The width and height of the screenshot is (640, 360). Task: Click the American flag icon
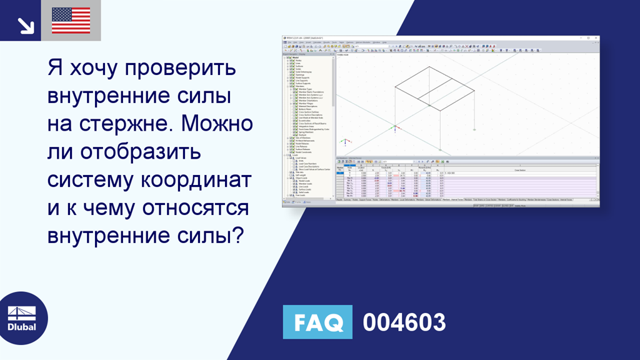[71, 20]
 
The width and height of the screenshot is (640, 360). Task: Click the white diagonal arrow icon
[24, 24]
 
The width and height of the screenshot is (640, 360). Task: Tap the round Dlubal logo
[24, 318]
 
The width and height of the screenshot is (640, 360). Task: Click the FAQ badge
[317, 322]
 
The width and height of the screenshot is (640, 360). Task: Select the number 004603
[404, 322]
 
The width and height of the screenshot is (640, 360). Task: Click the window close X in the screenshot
[597, 38]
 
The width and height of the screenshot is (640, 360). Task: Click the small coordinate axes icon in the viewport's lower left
[394, 129]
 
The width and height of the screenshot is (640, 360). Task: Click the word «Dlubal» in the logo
[22, 327]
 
